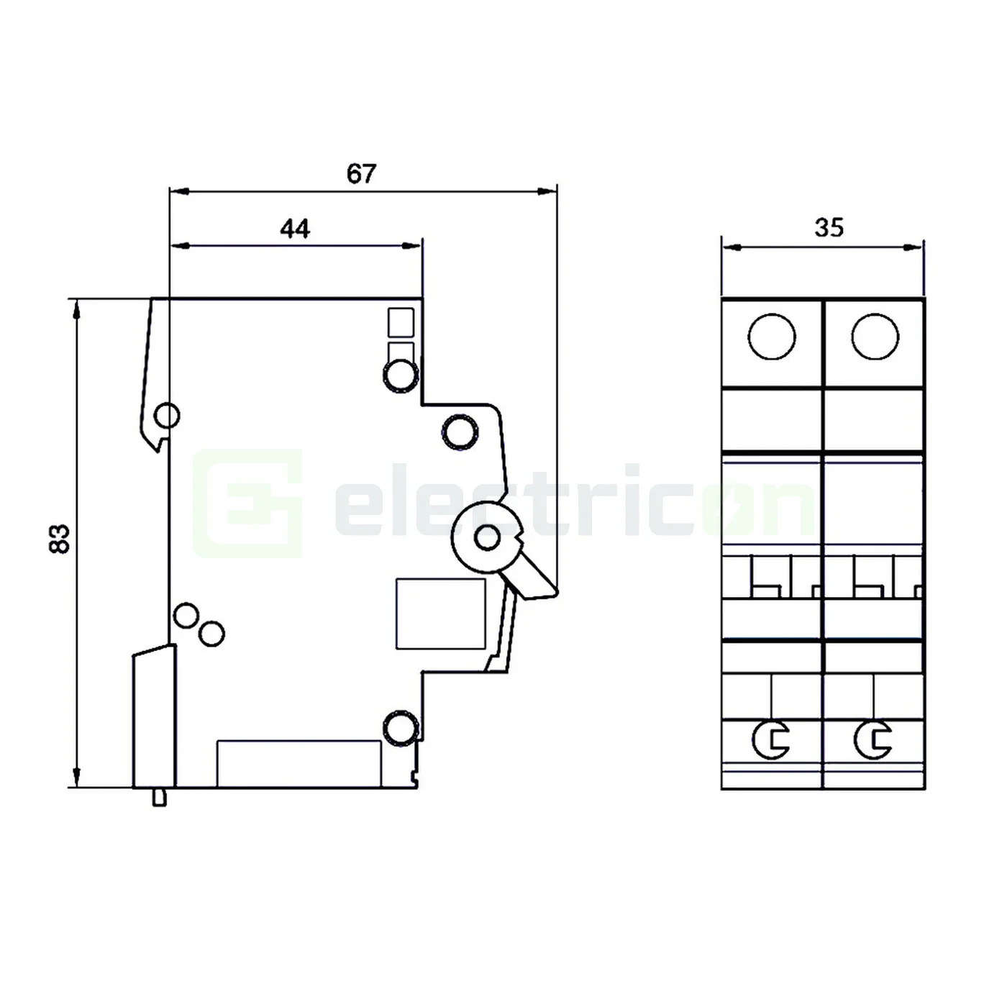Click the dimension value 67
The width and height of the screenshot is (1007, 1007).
(x=361, y=174)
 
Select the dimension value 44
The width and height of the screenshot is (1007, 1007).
(x=295, y=229)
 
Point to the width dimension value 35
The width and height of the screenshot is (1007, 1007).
(x=829, y=228)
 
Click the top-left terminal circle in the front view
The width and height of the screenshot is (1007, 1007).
(x=772, y=337)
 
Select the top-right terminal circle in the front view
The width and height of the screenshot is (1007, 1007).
(x=875, y=337)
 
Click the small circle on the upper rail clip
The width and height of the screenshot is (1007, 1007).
(x=167, y=416)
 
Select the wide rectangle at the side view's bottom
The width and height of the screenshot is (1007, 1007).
(x=299, y=763)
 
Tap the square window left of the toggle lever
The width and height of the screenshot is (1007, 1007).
(x=440, y=614)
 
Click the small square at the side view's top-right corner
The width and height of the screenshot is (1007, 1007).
(x=401, y=322)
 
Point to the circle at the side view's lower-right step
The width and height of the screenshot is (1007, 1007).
(x=401, y=729)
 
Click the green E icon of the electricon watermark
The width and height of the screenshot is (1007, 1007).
(x=247, y=503)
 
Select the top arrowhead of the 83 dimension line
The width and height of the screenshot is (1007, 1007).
(x=77, y=306)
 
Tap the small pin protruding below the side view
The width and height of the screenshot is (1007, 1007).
(x=160, y=797)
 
